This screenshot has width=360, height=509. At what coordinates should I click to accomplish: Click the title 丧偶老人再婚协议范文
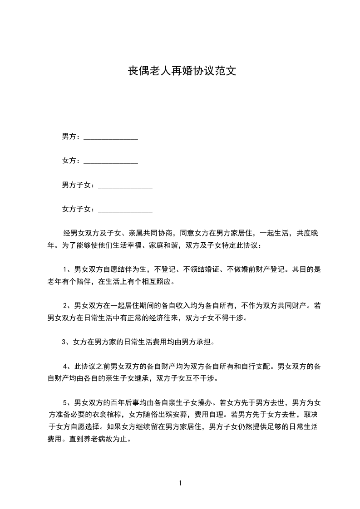[x=180, y=72]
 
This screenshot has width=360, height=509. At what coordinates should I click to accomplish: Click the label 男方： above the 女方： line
[x=71, y=137]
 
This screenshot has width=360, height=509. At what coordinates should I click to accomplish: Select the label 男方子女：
[x=79, y=185]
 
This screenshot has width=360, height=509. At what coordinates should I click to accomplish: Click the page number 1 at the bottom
[x=180, y=483]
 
